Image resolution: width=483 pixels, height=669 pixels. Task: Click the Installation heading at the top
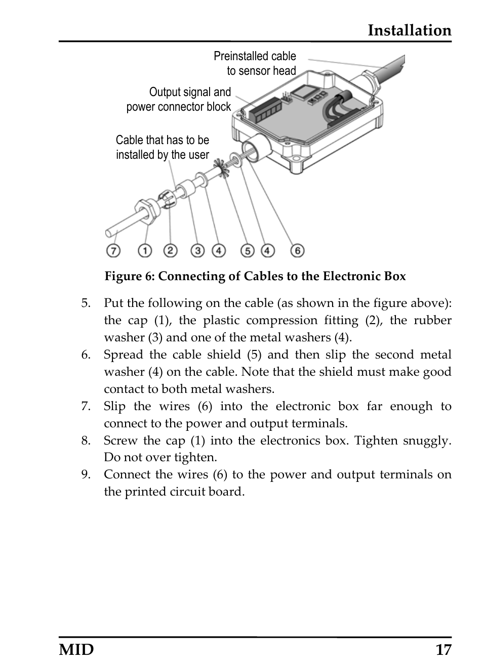click(x=409, y=30)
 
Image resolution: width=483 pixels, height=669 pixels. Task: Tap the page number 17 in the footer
click(x=442, y=649)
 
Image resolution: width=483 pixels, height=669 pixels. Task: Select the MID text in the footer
click(x=76, y=649)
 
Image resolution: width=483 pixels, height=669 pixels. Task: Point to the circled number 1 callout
click(x=145, y=250)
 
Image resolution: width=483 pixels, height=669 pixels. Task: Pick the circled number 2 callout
click(x=171, y=250)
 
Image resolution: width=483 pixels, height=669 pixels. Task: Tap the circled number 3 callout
click(x=197, y=250)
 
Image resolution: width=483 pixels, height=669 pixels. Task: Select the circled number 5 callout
click(x=247, y=250)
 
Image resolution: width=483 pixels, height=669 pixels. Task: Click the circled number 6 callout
click(x=297, y=250)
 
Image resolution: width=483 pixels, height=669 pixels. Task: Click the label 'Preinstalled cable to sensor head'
click(x=255, y=63)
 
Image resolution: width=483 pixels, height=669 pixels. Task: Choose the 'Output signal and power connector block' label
click(x=179, y=99)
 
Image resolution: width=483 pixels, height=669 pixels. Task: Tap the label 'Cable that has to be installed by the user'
click(x=162, y=147)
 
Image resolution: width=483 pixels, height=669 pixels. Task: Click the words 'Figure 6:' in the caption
click(x=130, y=276)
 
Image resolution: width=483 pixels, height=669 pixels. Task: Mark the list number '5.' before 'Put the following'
click(x=86, y=303)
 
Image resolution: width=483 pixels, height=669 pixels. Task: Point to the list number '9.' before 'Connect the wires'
click(x=86, y=474)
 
